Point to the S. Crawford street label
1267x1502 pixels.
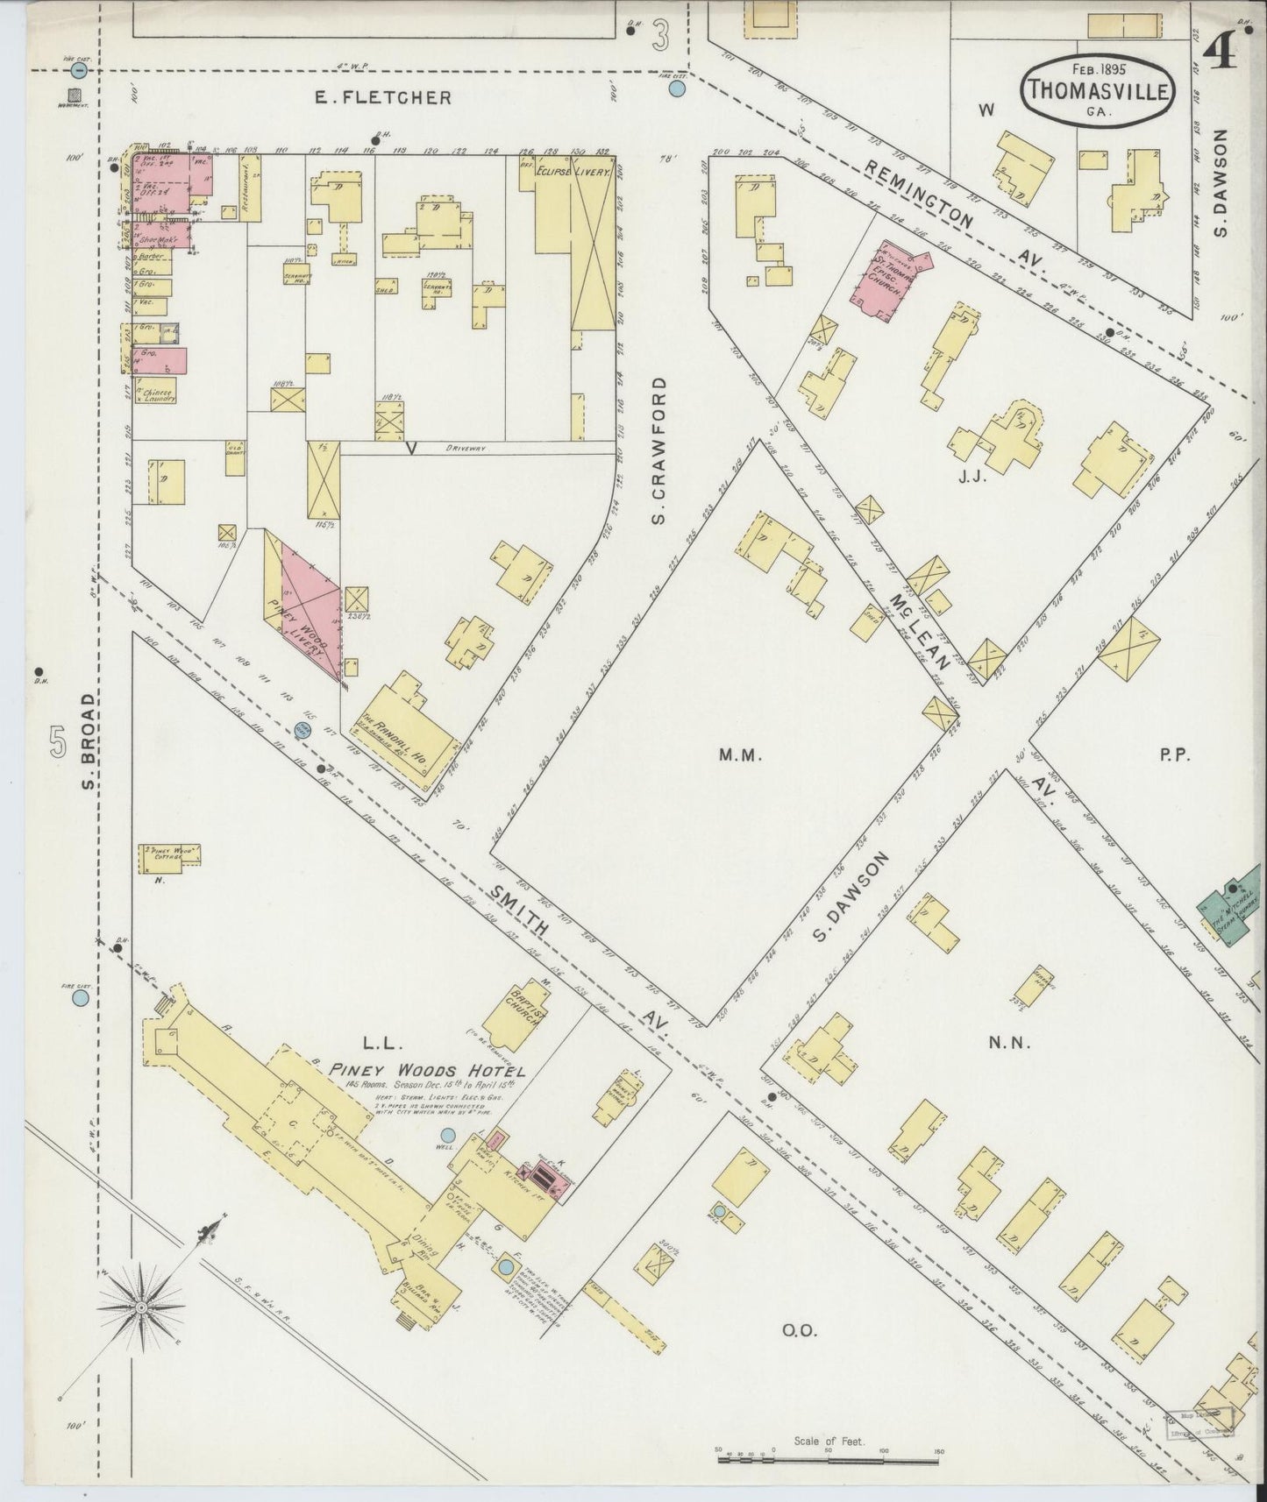pyautogui.click(x=659, y=451)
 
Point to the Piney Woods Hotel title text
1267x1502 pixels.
pyautogui.click(x=427, y=1070)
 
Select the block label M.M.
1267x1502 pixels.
pyautogui.click(x=731, y=755)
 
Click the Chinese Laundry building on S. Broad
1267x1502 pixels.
pyautogui.click(x=155, y=390)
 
